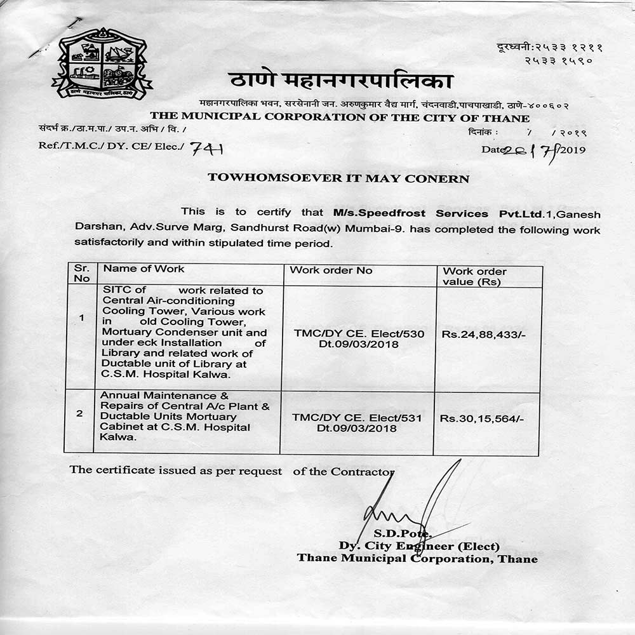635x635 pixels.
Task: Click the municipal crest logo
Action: pyautogui.click(x=101, y=64)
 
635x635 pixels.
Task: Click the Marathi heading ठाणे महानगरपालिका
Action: pyautogui.click(x=340, y=82)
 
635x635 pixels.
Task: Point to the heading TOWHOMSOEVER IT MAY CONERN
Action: pyautogui.click(x=338, y=178)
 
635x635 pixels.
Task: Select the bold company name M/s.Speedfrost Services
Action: pyautogui.click(x=410, y=213)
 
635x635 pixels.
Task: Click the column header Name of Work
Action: pyautogui.click(x=144, y=270)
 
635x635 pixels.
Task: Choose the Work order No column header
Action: pyautogui.click(x=331, y=271)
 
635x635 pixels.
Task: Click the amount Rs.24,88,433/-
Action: pyautogui.click(x=483, y=334)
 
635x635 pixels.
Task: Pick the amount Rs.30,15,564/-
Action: pyautogui.click(x=481, y=418)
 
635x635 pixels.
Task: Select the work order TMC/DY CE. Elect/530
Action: pyautogui.click(x=359, y=333)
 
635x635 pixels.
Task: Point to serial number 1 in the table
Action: pyautogui.click(x=81, y=318)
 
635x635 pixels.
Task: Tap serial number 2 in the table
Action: pyautogui.click(x=79, y=413)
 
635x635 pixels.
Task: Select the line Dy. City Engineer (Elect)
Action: pyautogui.click(x=419, y=547)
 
